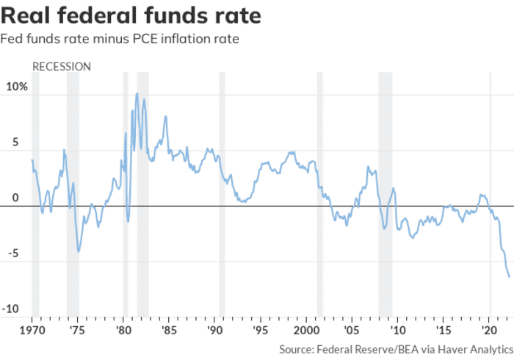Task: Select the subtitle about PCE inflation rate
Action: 121,38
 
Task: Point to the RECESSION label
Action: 62,67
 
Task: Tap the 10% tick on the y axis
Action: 17,87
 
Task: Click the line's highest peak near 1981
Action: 137,93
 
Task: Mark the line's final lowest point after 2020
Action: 510,277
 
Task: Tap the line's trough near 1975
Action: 79,252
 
